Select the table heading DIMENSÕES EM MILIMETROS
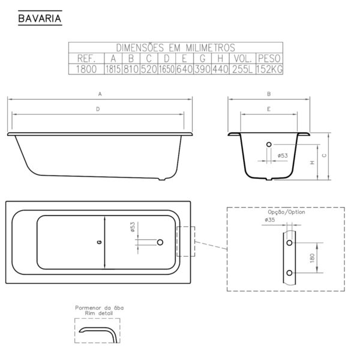click(x=176, y=47)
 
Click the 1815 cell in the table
click(x=113, y=68)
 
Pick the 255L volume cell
click(x=242, y=68)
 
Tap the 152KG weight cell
click(x=269, y=68)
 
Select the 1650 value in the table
click(x=167, y=68)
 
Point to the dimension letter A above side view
click(x=100, y=94)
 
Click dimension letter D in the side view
click(x=98, y=109)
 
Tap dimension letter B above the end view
click(x=269, y=94)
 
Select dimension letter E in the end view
click(x=269, y=109)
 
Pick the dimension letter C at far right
click(x=325, y=155)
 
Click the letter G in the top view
click(x=98, y=242)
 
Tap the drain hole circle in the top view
click(x=160, y=242)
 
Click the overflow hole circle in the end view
click(x=268, y=145)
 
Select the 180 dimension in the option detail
click(x=313, y=257)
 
